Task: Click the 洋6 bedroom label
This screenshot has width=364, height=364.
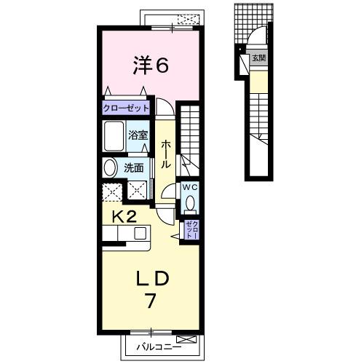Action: pyautogui.click(x=151, y=66)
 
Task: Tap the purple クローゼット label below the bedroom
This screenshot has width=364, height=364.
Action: pyautogui.click(x=126, y=108)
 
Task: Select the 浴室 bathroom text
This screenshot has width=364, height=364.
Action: pyautogui.click(x=138, y=135)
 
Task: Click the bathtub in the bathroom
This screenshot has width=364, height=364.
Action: pyautogui.click(x=114, y=135)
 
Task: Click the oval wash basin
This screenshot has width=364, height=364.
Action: pyautogui.click(x=110, y=167)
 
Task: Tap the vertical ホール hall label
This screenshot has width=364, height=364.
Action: pyautogui.click(x=166, y=154)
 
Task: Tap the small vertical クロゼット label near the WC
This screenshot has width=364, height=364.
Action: pyautogui.click(x=190, y=229)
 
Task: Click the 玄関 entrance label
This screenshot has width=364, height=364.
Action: pyautogui.click(x=258, y=58)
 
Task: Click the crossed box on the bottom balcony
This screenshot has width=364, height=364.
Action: pyautogui.click(x=186, y=340)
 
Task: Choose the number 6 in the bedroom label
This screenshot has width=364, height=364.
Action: pyautogui.click(x=162, y=66)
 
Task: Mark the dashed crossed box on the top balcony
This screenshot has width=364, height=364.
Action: pyautogui.click(x=187, y=19)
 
